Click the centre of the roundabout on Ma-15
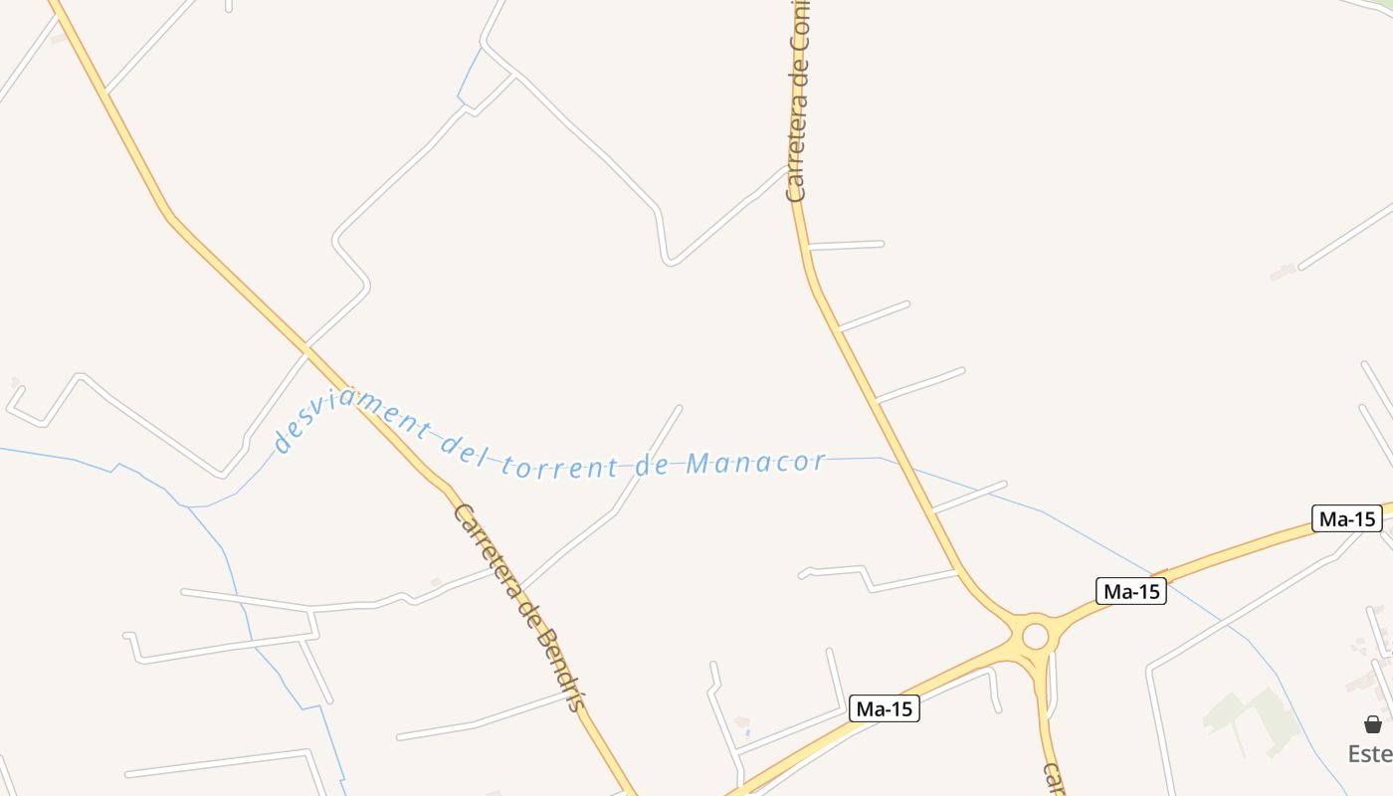1035,635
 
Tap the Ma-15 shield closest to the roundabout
1131,591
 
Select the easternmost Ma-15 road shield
1346,518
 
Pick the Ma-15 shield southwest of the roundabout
885,709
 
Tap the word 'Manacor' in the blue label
756,463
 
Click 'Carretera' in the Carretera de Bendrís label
487,550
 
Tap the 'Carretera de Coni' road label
799,99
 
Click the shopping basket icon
1372,724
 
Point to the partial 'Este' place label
1370,753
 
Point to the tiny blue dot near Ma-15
747,733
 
